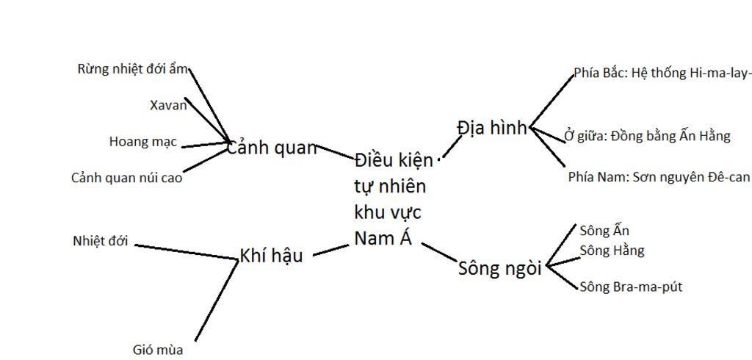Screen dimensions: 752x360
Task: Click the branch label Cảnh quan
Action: click(272, 148)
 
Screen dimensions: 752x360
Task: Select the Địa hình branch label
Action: click(491, 128)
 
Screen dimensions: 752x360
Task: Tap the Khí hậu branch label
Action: click(271, 256)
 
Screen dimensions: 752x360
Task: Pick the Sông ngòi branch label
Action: click(499, 268)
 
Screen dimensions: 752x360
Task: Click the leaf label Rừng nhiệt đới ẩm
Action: click(132, 69)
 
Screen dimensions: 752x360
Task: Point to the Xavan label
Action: click(168, 106)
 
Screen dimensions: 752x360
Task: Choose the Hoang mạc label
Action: click(143, 142)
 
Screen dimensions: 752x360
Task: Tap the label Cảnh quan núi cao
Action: click(126, 178)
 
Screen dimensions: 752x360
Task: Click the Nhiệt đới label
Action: click(100, 241)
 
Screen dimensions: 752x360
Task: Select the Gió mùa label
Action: click(158, 350)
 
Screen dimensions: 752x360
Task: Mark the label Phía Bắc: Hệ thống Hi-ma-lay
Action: click(662, 73)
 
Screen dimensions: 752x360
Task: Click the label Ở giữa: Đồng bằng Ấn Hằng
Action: click(647, 137)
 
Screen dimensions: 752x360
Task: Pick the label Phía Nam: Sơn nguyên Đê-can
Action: click(659, 177)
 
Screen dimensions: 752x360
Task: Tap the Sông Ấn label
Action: click(604, 231)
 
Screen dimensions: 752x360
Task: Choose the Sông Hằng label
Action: click(612, 251)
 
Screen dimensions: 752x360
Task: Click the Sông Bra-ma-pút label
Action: click(631, 287)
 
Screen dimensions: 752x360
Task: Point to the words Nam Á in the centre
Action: click(383, 237)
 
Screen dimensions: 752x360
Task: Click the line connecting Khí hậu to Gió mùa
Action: click(217, 300)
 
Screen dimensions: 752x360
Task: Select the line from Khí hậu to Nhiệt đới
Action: click(187, 253)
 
